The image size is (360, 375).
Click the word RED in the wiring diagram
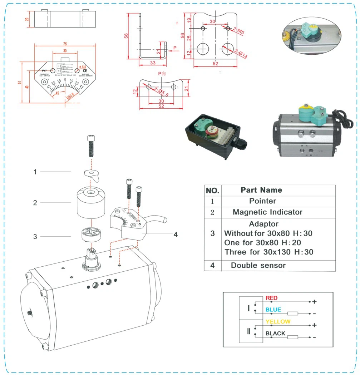coord(271,298)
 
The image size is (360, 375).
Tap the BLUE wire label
coord(273,310)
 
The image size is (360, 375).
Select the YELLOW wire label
coord(278,322)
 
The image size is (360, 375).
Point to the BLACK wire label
coord(275,334)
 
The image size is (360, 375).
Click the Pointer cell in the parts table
coord(262,201)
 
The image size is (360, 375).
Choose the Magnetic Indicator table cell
coord(267,212)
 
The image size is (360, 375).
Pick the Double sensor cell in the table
coord(258,265)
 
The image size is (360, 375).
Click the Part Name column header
coord(261,190)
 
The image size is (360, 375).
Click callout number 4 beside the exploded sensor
coord(176,235)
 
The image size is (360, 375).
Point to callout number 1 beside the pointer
coord(35,172)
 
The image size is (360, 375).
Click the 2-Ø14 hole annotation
coord(240,54)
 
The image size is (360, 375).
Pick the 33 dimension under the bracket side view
coord(152,63)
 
